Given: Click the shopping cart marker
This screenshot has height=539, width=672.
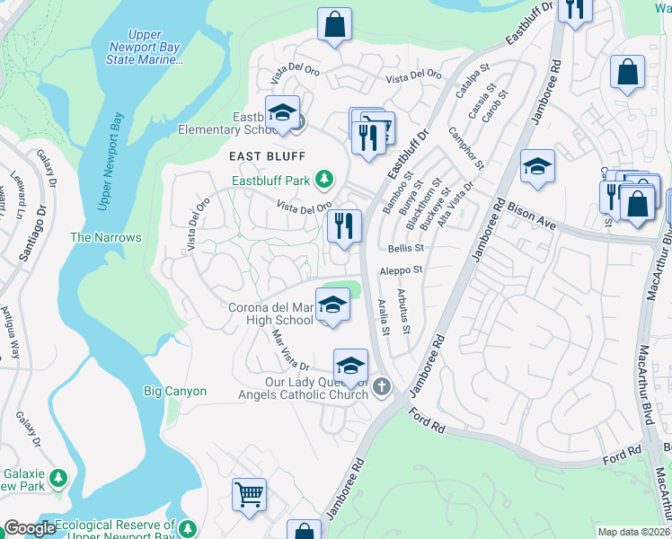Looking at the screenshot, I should click(250, 494).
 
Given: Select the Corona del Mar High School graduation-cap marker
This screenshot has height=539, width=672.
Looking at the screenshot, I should click(332, 305).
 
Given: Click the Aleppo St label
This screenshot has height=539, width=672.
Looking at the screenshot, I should click(401, 269).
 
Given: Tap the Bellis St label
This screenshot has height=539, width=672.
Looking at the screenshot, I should click(406, 248).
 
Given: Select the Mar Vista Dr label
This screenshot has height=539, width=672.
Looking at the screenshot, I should click(290, 351).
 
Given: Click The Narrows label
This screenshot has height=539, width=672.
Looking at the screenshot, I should click(106, 237).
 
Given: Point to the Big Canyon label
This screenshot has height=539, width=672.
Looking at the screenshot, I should click(175, 391).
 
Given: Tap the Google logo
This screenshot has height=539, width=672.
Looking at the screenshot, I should click(30, 528).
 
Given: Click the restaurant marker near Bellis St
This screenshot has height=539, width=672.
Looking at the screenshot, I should click(346, 225).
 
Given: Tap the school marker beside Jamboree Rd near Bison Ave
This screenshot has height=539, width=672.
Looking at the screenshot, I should click(537, 167).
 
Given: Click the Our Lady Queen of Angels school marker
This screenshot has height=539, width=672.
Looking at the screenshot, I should click(350, 366).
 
